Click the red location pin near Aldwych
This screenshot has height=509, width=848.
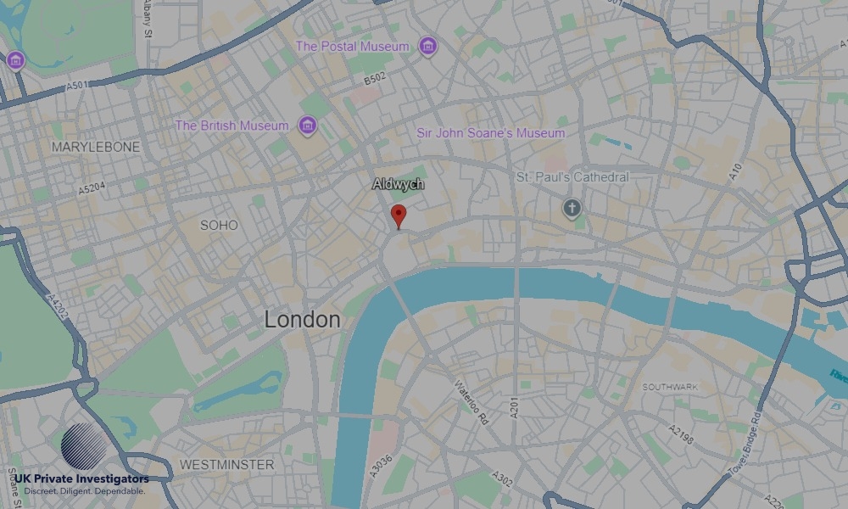399,215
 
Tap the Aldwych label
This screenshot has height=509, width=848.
399,183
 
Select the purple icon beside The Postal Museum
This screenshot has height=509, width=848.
428,47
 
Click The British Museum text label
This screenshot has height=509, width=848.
232,126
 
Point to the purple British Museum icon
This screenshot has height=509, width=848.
307,127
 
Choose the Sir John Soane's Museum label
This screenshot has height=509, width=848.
491,133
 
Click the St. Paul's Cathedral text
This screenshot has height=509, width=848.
572,177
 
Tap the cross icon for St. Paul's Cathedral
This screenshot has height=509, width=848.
572,207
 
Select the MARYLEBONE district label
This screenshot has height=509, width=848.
96,147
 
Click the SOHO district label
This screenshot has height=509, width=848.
219,225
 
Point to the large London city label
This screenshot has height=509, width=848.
302,320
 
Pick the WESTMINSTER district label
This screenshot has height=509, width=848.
226,465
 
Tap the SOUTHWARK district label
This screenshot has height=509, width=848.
670,387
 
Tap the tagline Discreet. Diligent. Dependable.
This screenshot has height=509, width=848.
85,491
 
